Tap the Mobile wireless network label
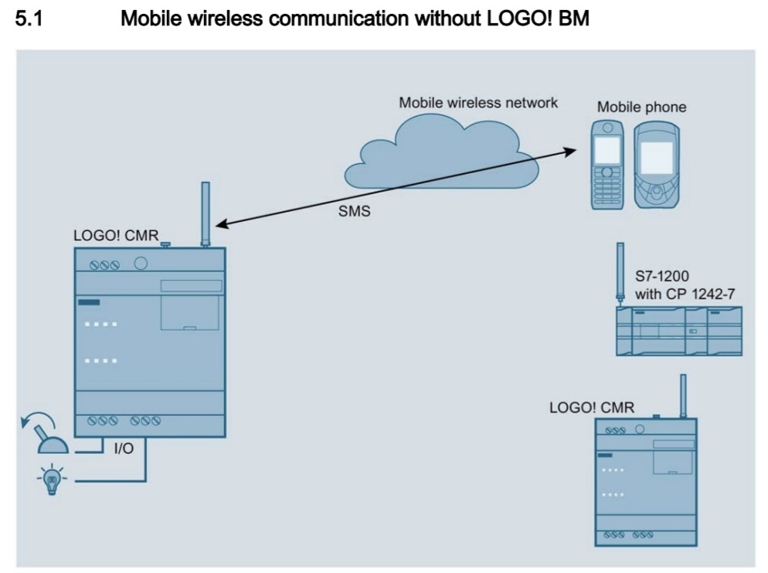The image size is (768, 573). (x=477, y=102)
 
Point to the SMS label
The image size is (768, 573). (x=355, y=211)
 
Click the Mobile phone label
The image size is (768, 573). (x=641, y=107)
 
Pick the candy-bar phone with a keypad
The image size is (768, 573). (x=609, y=164)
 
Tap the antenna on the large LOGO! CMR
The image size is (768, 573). (x=206, y=213)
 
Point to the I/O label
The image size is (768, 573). (x=124, y=449)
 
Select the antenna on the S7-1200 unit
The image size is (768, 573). (x=620, y=271)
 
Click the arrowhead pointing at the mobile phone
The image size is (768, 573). (x=570, y=149)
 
